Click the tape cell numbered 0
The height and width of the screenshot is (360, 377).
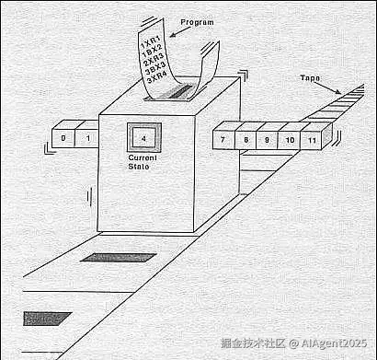coord(63,139)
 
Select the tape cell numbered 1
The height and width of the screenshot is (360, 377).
coord(87,139)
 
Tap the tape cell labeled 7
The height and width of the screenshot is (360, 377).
coord(223,140)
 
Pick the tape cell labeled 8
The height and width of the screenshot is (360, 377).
coord(246,140)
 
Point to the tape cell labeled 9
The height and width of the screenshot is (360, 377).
coord(267,140)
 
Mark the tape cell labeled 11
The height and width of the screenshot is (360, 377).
coord(313,140)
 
